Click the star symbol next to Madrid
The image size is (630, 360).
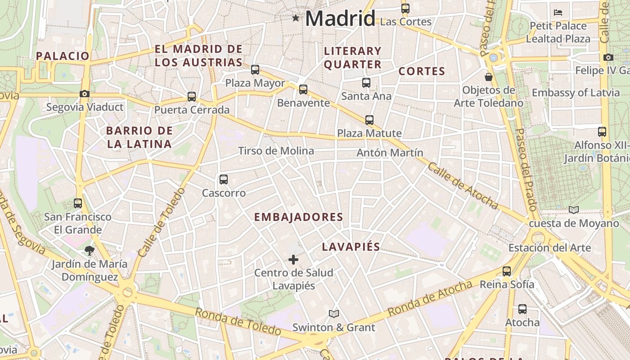point(296,18)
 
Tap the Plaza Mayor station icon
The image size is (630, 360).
point(255,70)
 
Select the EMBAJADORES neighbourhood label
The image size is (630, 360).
point(298,217)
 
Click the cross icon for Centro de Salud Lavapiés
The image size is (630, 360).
point(293,260)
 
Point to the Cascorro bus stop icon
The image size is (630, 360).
point(223,180)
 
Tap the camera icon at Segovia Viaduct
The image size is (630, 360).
point(84,94)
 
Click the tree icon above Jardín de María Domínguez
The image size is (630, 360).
point(90,251)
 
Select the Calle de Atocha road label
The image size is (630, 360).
point(463,186)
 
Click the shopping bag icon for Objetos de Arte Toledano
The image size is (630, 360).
point(489,77)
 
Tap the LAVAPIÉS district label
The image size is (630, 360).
point(351,247)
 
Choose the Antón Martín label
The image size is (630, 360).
point(390,153)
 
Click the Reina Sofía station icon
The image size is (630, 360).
point(507,271)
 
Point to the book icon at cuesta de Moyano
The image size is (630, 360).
point(573,210)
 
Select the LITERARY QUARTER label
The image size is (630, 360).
point(353,58)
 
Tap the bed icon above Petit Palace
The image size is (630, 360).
point(558,13)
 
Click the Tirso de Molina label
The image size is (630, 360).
point(276,151)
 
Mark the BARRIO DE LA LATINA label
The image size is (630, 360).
point(139,137)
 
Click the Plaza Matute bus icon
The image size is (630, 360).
point(369,120)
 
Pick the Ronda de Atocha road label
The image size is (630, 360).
point(430,298)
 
